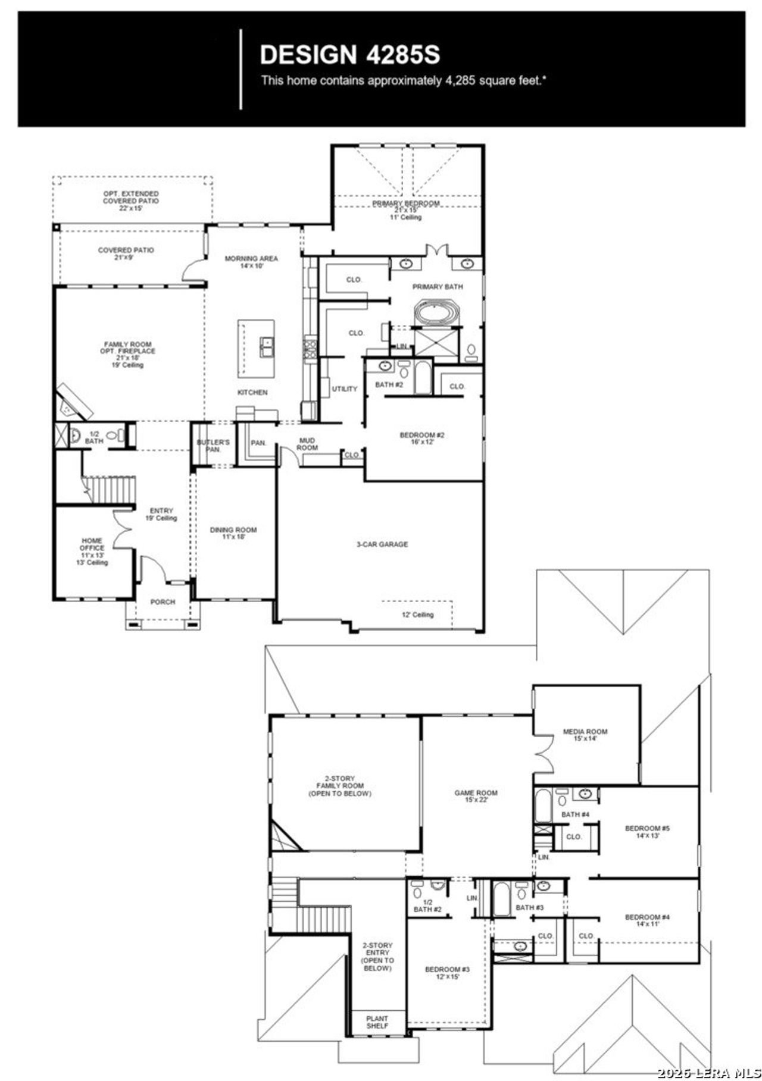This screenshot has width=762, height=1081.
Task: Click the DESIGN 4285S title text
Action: (349, 55)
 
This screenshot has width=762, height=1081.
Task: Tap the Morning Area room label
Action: (251, 262)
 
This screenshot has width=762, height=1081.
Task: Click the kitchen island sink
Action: (266, 346)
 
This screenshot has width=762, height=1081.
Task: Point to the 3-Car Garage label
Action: (382, 544)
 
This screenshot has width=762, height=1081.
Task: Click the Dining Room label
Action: (233, 533)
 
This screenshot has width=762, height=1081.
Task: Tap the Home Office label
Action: (92, 551)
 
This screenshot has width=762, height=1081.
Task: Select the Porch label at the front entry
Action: (163, 601)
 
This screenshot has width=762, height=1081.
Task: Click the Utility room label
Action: (344, 388)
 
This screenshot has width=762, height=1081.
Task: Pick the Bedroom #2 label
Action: (422, 438)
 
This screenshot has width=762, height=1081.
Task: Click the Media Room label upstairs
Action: (585, 735)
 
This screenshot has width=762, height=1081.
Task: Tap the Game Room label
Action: (476, 796)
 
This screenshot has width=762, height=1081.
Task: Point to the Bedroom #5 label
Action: (647, 831)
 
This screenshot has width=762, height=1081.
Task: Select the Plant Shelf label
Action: (377, 1022)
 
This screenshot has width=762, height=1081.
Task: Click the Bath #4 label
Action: (575, 814)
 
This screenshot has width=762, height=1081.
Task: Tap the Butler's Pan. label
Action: (213, 446)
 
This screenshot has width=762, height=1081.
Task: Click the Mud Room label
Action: (307, 444)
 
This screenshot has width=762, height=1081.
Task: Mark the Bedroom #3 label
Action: (447, 973)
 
